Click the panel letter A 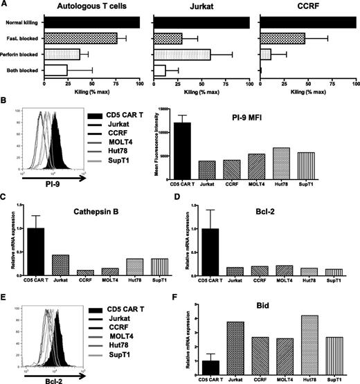(6, 6)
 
